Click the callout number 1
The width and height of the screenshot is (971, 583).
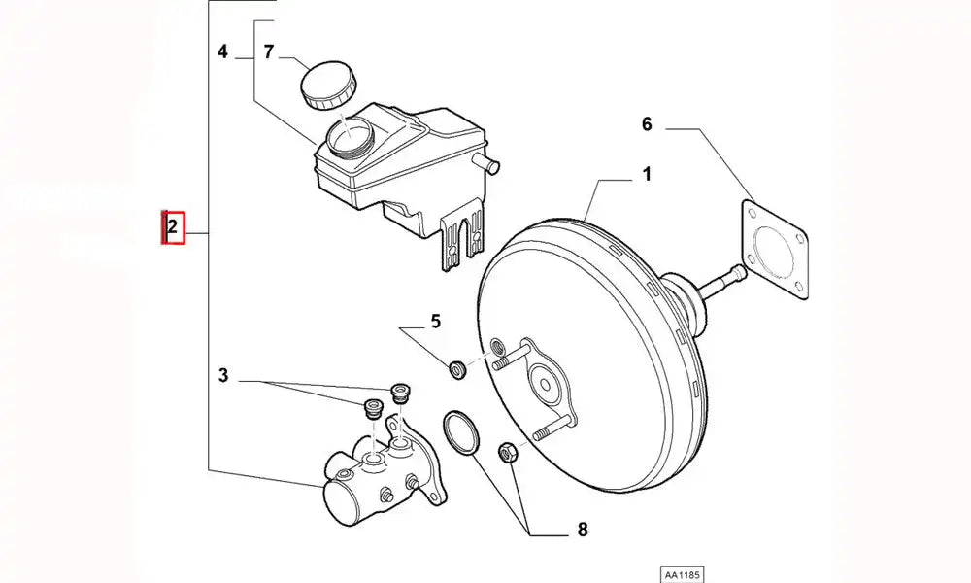pyautogui.click(x=646, y=176)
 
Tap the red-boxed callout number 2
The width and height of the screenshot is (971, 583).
pyautogui.click(x=172, y=228)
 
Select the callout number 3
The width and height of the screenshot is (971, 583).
pyautogui.click(x=223, y=376)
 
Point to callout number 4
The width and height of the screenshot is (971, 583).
pyautogui.click(x=223, y=51)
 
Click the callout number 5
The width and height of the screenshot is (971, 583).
pyautogui.click(x=435, y=321)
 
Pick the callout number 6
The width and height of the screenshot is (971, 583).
pyautogui.click(x=647, y=124)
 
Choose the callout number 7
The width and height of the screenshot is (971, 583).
pyautogui.click(x=269, y=51)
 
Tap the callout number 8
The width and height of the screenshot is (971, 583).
pyautogui.click(x=582, y=530)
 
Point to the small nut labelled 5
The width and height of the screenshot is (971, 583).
pyautogui.click(x=458, y=369)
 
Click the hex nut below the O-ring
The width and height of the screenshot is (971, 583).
pyautogui.click(x=507, y=451)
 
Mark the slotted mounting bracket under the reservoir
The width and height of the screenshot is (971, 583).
pyautogui.click(x=461, y=239)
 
